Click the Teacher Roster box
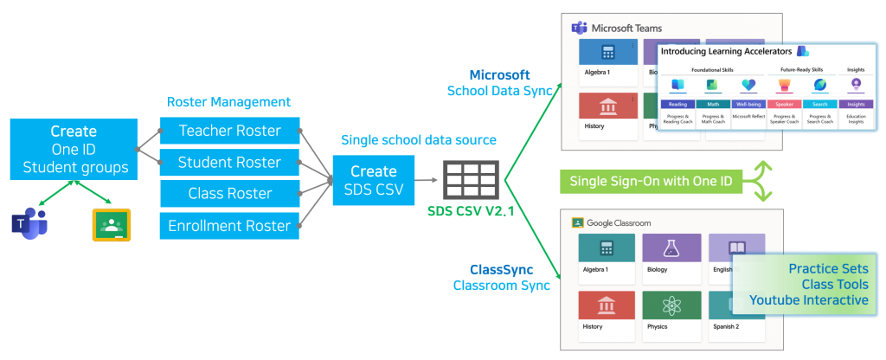click(x=229, y=131)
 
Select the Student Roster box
click(x=229, y=162)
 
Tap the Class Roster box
click(x=229, y=194)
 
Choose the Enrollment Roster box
click(x=229, y=226)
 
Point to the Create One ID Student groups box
click(x=74, y=149)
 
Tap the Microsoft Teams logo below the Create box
click(x=28, y=223)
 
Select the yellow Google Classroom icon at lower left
click(x=111, y=224)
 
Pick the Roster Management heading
click(x=227, y=102)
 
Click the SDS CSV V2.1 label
click(x=470, y=211)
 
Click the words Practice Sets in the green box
click(x=828, y=269)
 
